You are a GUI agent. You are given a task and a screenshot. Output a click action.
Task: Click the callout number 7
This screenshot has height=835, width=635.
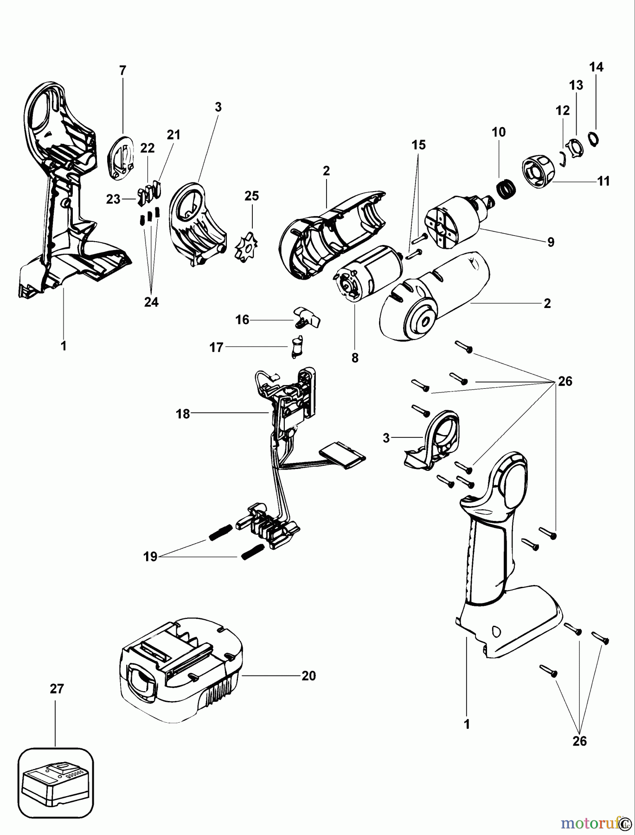point(122,71)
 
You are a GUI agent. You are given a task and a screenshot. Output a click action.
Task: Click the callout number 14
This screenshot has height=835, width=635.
point(596,67)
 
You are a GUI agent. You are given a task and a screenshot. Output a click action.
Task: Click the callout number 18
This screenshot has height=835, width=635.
point(183,414)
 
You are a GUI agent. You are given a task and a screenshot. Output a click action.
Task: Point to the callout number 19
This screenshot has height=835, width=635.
point(150,557)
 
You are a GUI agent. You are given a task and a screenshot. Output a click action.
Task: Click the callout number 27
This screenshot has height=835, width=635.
point(57,689)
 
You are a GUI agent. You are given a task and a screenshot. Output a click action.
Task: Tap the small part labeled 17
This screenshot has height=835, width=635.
point(296,347)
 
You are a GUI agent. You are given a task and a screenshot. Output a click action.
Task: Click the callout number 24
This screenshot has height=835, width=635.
point(151,302)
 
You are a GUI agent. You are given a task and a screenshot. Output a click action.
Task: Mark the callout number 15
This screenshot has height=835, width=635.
point(418,145)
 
